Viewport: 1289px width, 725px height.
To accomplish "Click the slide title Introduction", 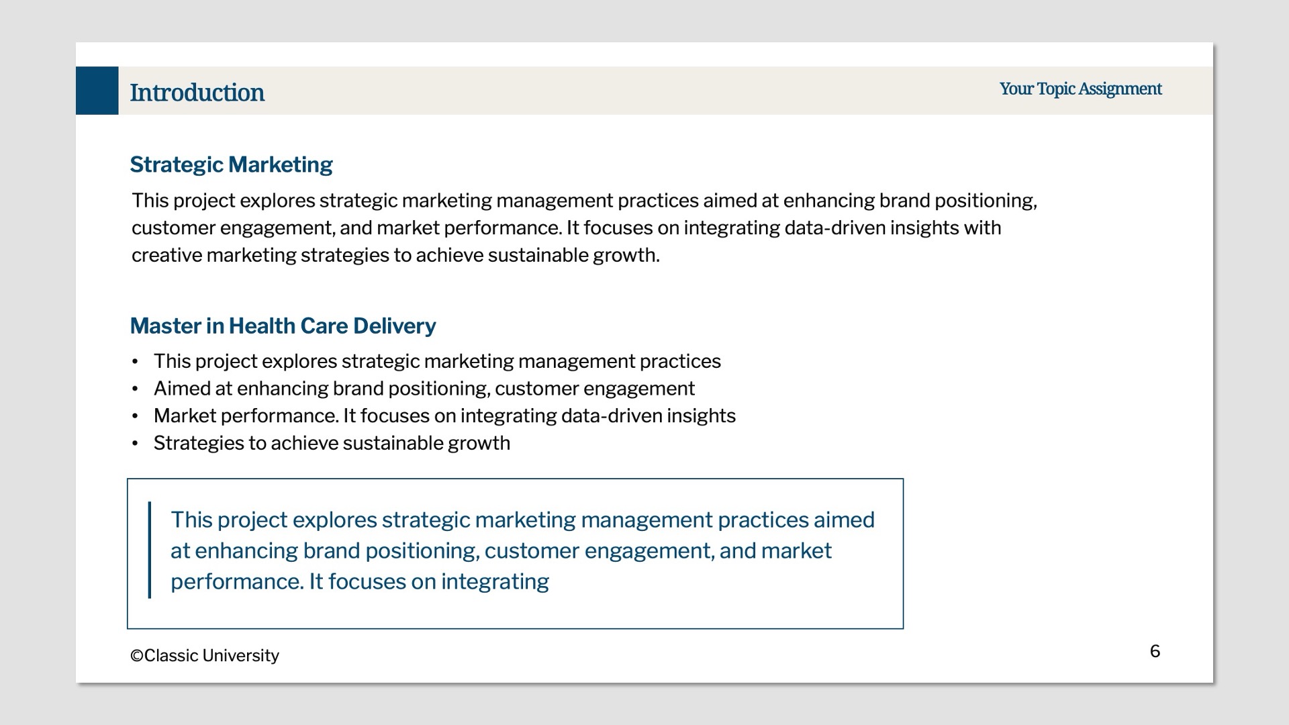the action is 197,93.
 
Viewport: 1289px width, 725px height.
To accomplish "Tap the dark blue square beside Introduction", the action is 97,91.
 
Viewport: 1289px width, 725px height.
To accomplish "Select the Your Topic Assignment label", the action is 1080,89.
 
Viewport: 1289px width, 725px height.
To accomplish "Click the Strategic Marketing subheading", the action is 231,164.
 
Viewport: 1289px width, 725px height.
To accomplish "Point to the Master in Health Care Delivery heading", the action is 283,326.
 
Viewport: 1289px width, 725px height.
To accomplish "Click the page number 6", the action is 1155,651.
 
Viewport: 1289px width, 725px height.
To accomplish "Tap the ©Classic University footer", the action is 205,656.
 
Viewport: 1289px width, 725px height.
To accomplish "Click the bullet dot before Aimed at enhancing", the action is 135,389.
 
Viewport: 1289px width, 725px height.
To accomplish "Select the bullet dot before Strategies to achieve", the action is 135,444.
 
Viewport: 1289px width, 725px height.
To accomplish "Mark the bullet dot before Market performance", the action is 135,417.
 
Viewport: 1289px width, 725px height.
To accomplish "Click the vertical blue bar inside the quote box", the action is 149,550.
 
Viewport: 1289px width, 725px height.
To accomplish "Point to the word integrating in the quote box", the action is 495,582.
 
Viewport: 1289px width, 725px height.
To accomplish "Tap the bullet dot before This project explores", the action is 135,362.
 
